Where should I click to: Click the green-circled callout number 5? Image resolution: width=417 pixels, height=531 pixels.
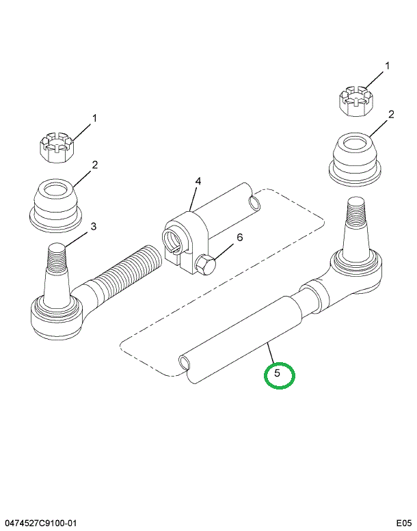pos(278,373)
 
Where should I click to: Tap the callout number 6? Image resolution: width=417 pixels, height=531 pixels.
pos(240,237)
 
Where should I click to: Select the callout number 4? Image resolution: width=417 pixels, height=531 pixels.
pos(198,181)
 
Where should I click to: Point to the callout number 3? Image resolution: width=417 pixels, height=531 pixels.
pos(94,226)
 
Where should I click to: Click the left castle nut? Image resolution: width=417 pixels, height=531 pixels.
pos(55,148)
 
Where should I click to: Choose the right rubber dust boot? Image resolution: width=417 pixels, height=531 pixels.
pos(355,159)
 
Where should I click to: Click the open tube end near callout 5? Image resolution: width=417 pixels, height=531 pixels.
pos(185,362)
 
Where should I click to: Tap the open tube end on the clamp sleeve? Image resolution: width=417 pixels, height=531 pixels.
pos(254,203)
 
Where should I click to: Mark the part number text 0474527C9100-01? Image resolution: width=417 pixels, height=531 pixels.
pos(40,523)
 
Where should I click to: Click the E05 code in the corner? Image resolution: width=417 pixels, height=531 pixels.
pos(404,523)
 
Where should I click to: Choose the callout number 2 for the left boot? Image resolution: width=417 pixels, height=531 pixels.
pos(94,165)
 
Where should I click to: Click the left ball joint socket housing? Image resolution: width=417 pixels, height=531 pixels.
pos(57,316)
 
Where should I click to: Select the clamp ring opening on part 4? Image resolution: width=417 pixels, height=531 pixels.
pos(173,240)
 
